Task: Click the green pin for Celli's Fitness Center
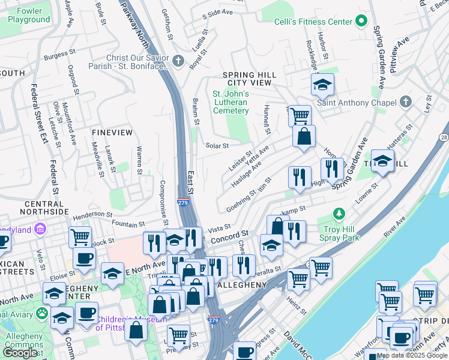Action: point(361,22)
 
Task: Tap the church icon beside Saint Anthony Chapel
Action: point(406,101)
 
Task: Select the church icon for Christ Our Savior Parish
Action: point(178,61)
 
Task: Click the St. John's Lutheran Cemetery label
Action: point(231,102)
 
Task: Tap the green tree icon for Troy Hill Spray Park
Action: point(340,214)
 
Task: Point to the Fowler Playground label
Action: point(29,15)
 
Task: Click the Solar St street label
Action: point(217,146)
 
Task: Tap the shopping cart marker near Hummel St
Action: point(300,115)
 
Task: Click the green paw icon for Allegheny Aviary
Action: point(42,313)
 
